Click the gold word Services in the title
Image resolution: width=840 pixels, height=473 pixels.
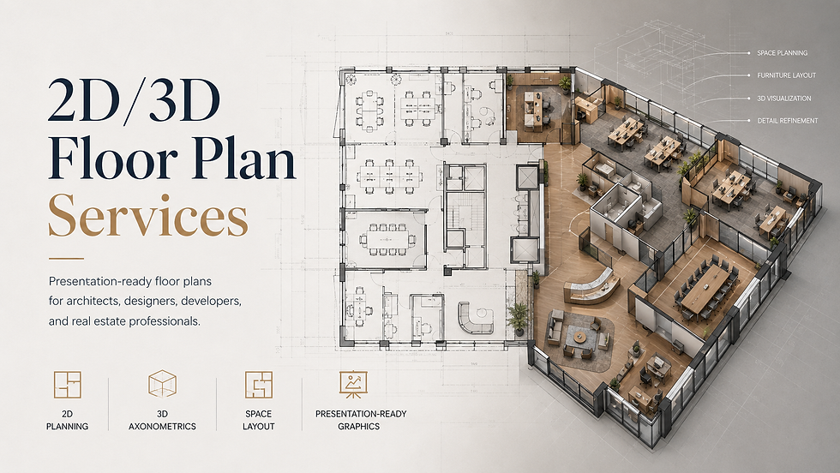click(x=147, y=215)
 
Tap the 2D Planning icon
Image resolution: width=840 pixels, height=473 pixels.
click(x=68, y=385)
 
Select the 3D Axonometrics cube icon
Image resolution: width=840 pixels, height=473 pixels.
click(x=162, y=384)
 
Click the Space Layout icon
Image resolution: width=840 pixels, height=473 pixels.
click(x=259, y=385)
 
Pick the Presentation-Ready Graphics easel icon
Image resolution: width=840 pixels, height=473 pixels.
click(x=353, y=385)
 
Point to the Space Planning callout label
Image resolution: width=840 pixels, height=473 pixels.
click(x=782, y=53)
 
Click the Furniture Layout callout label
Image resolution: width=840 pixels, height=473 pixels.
click(x=787, y=75)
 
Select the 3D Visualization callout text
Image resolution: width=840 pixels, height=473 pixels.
click(x=783, y=99)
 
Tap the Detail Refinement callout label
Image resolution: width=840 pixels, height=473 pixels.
click(x=788, y=121)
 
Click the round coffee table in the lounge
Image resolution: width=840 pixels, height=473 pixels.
click(x=579, y=337)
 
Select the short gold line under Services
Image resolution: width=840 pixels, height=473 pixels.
click(x=67, y=259)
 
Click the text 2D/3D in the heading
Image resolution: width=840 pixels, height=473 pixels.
click(x=134, y=101)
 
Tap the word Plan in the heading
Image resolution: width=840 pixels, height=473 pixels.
click(x=245, y=159)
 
